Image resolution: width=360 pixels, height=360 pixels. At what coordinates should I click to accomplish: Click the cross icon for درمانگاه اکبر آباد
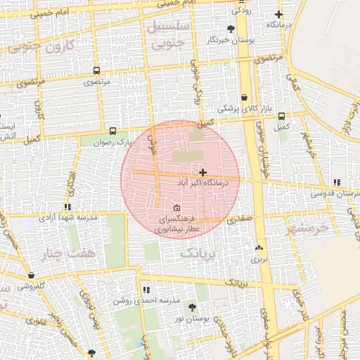coord(202,172)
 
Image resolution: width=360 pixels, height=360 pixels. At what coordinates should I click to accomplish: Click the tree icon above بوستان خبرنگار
coord(231,29)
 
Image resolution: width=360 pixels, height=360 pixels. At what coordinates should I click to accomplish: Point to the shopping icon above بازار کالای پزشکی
coord(244,98)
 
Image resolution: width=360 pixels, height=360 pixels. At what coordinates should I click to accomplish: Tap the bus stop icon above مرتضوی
coord(96,70)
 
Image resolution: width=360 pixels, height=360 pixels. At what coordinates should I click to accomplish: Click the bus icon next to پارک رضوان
coord(112,131)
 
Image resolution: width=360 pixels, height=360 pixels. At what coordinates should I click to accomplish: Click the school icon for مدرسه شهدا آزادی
coord(67,207)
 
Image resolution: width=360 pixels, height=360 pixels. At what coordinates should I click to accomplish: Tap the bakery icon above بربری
coord(259,247)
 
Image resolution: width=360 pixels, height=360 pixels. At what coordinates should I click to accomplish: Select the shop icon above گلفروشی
coord(30,275)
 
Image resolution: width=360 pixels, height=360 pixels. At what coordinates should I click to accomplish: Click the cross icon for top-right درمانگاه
coord(279,14)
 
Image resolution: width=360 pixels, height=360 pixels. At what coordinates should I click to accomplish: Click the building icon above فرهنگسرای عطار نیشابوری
coord(176,208)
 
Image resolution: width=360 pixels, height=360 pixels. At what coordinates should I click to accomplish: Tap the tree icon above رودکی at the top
coord(236,1)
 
